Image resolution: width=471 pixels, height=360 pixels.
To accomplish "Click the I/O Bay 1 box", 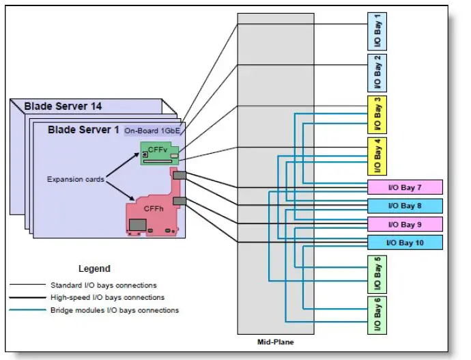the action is click(x=377, y=31).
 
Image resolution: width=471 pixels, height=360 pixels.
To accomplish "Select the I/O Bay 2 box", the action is click(x=377, y=73).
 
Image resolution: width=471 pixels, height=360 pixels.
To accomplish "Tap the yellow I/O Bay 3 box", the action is click(x=377, y=115).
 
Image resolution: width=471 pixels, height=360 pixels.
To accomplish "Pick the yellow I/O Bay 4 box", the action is click(x=377, y=156).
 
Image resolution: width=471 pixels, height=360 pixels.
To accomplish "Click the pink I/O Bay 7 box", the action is click(x=405, y=187).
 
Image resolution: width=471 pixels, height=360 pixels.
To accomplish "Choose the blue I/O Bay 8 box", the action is click(x=405, y=206).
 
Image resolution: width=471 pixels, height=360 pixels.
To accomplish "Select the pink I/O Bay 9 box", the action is click(x=405, y=224).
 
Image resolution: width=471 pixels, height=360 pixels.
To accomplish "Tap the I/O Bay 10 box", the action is click(x=405, y=243).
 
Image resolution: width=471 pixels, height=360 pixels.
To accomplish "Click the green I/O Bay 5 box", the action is click(x=377, y=275).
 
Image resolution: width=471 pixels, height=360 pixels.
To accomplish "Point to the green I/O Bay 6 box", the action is click(x=377, y=315).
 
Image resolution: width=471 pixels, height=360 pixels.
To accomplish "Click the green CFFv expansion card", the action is click(x=160, y=153).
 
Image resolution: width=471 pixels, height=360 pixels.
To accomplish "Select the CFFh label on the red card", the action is click(x=154, y=208).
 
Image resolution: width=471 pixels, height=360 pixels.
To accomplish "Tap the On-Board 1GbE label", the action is click(x=152, y=130).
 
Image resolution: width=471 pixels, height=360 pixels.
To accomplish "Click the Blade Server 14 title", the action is click(x=63, y=106).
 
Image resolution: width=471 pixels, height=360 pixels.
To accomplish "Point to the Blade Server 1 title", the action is click(x=83, y=130).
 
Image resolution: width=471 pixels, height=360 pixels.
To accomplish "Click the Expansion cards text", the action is click(x=75, y=179).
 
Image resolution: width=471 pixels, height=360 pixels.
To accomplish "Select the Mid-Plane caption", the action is click(x=276, y=342).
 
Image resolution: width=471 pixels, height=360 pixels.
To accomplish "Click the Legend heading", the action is click(x=94, y=268).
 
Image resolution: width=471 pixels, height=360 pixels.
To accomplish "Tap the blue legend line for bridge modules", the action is click(x=27, y=310).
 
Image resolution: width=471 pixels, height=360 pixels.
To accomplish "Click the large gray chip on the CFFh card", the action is click(x=138, y=225).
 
